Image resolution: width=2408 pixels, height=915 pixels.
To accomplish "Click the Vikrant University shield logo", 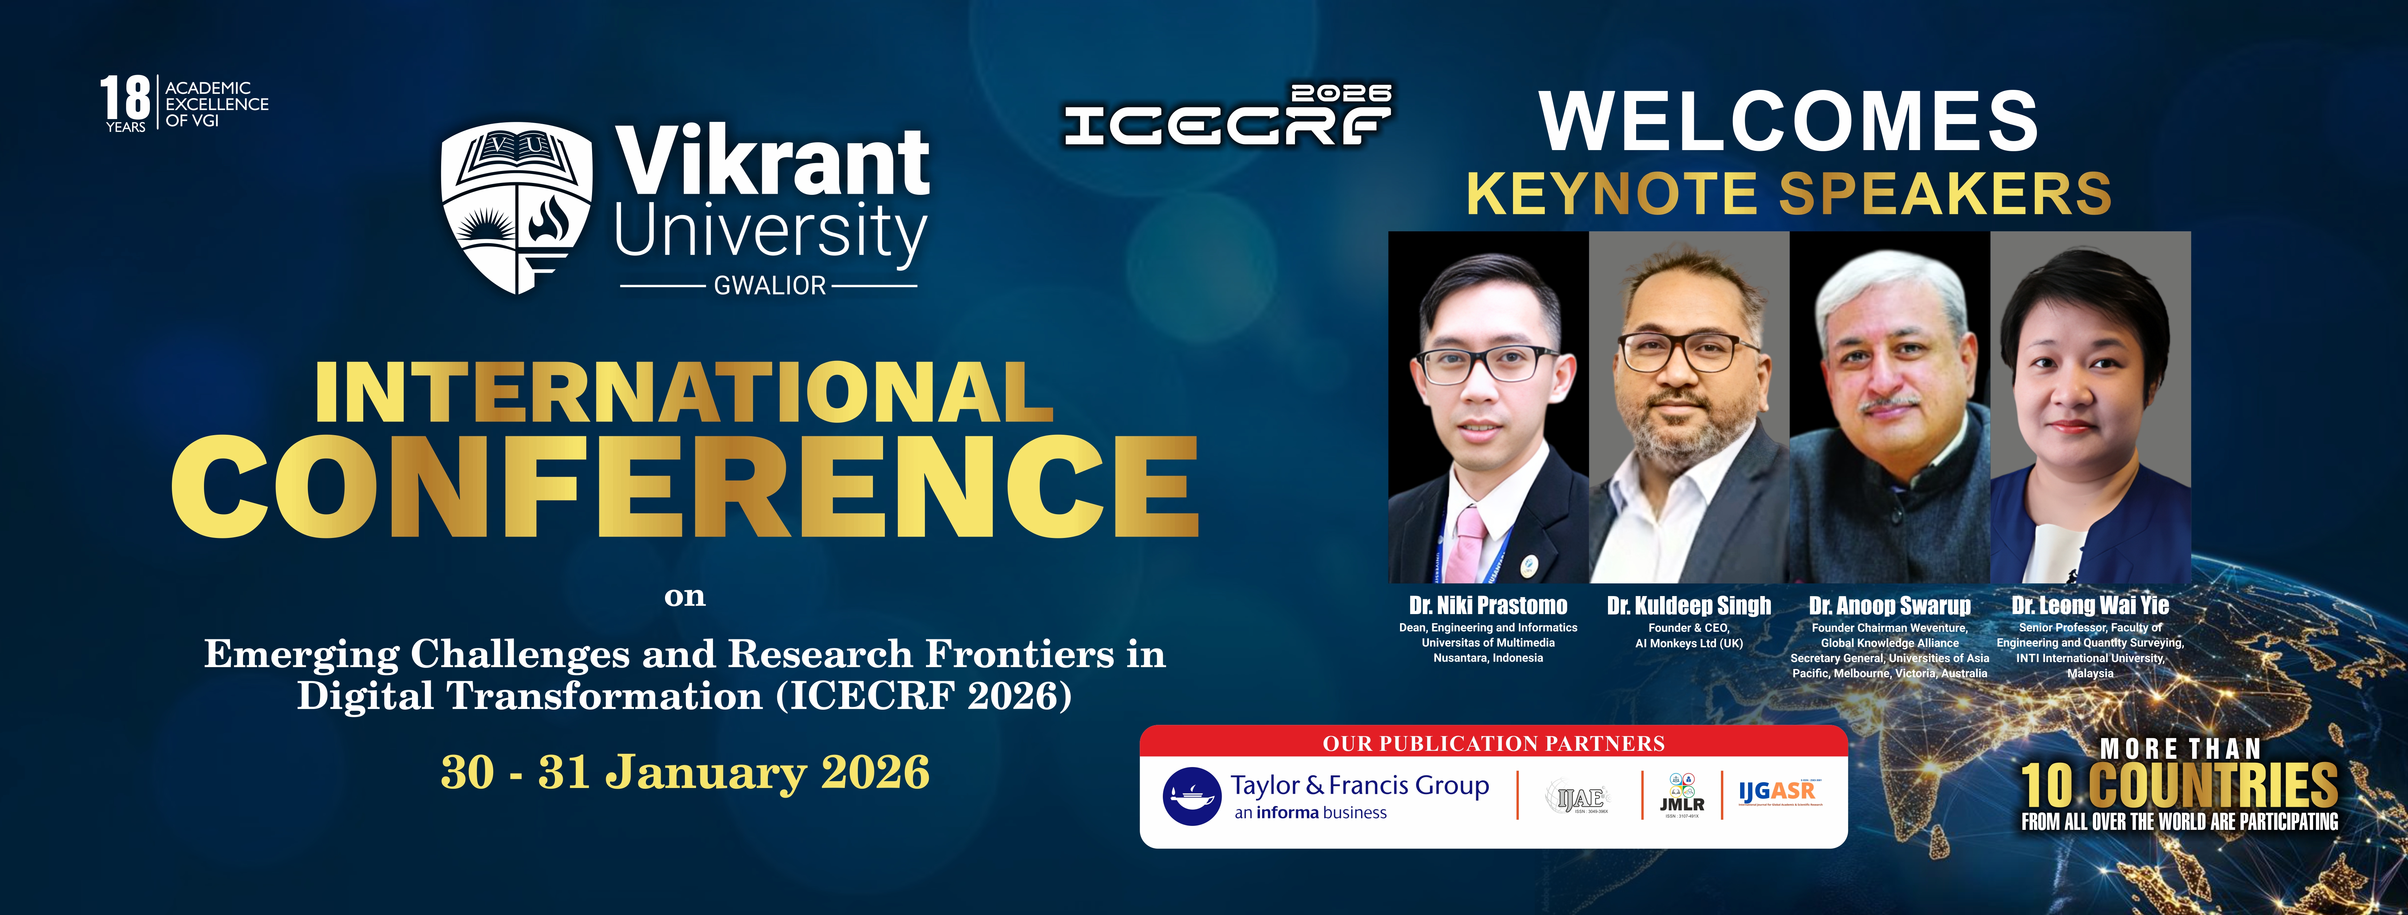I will (516, 207).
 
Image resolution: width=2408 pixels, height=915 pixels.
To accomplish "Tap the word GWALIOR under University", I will (769, 286).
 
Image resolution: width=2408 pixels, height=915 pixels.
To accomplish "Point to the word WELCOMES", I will (1787, 122).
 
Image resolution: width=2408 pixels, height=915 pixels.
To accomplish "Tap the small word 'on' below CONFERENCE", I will (684, 596).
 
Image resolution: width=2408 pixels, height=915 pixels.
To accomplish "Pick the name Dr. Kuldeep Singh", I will (1688, 606).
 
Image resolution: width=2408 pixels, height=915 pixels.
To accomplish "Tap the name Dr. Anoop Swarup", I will (1889, 606).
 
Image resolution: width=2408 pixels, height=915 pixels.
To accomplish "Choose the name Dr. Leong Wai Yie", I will (2090, 606).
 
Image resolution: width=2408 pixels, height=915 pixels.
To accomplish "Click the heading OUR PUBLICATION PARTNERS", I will (1493, 744).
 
